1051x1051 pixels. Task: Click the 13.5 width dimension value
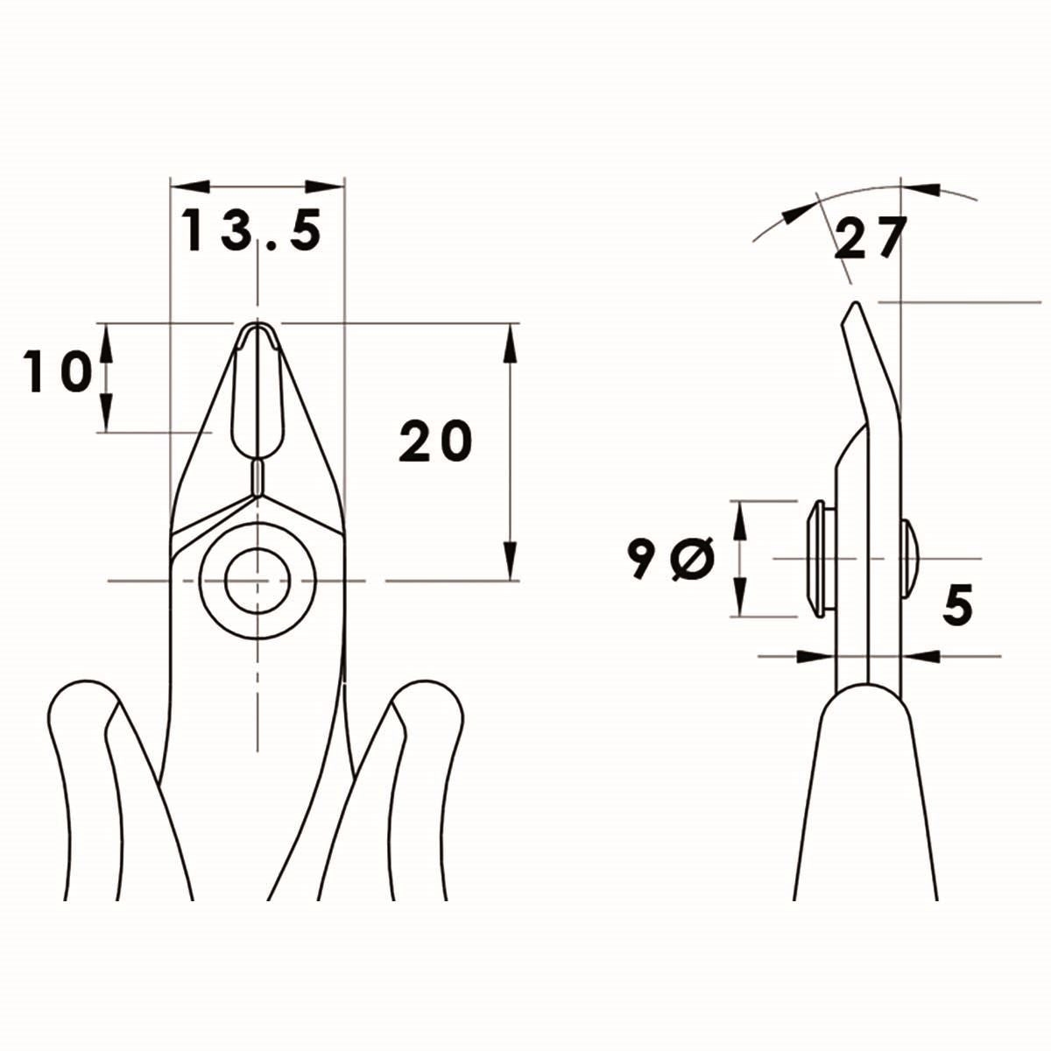pyautogui.click(x=252, y=230)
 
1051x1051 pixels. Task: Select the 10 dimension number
pyautogui.click(x=58, y=371)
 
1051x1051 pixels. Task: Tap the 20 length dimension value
pyautogui.click(x=435, y=441)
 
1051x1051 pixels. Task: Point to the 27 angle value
pyautogui.click(x=867, y=239)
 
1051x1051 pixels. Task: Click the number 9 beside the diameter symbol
pyautogui.click(x=642, y=561)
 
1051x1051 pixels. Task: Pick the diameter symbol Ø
pyautogui.click(x=693, y=561)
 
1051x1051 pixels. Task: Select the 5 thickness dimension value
pyautogui.click(x=958, y=606)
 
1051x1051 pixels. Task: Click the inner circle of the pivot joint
pyautogui.click(x=257, y=580)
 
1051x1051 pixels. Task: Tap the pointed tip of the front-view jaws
pyautogui.click(x=257, y=326)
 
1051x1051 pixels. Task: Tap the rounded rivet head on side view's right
pyautogui.click(x=910, y=559)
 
